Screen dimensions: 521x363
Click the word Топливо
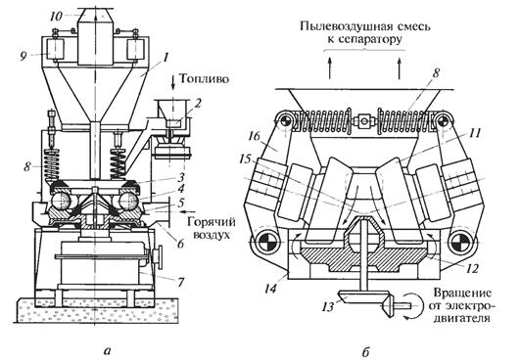tap(205, 79)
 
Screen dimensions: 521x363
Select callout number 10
tap(57, 16)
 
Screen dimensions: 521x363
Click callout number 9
tap(24, 57)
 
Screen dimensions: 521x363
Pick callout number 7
tap(180, 283)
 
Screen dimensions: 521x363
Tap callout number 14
tap(271, 289)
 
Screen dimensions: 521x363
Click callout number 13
tap(327, 307)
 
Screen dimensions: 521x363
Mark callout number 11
tap(474, 134)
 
